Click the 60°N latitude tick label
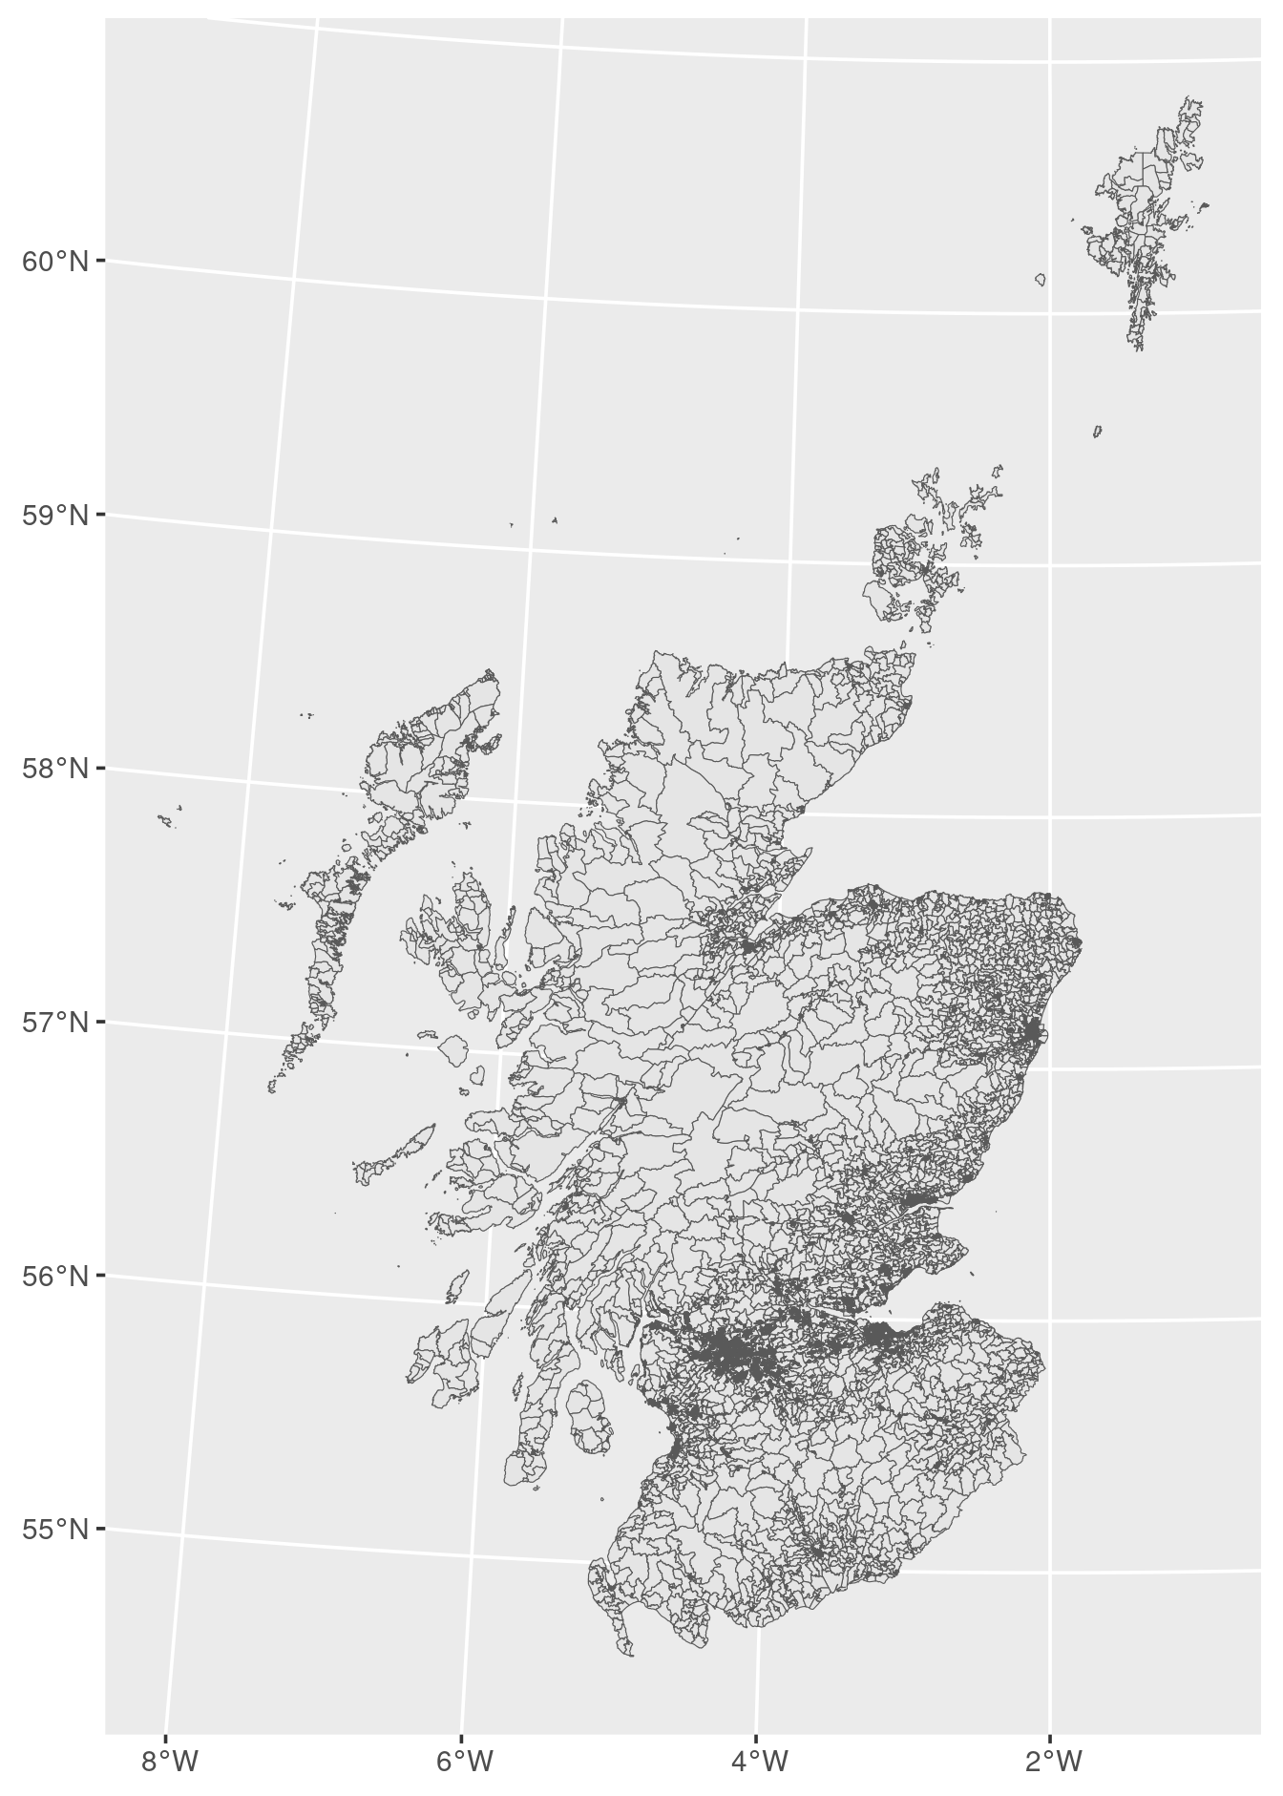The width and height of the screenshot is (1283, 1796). (55, 261)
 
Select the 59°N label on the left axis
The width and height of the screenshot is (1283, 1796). (55, 516)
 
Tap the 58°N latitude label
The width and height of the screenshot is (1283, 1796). (55, 769)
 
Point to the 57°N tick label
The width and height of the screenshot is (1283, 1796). (55, 1023)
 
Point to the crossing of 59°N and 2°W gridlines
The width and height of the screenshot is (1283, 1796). (1047, 565)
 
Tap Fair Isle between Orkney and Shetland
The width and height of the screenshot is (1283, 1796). (1098, 432)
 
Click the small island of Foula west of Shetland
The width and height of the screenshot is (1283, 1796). (1041, 279)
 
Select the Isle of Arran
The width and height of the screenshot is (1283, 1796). (589, 1417)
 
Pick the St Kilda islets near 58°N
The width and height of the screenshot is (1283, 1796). (166, 819)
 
